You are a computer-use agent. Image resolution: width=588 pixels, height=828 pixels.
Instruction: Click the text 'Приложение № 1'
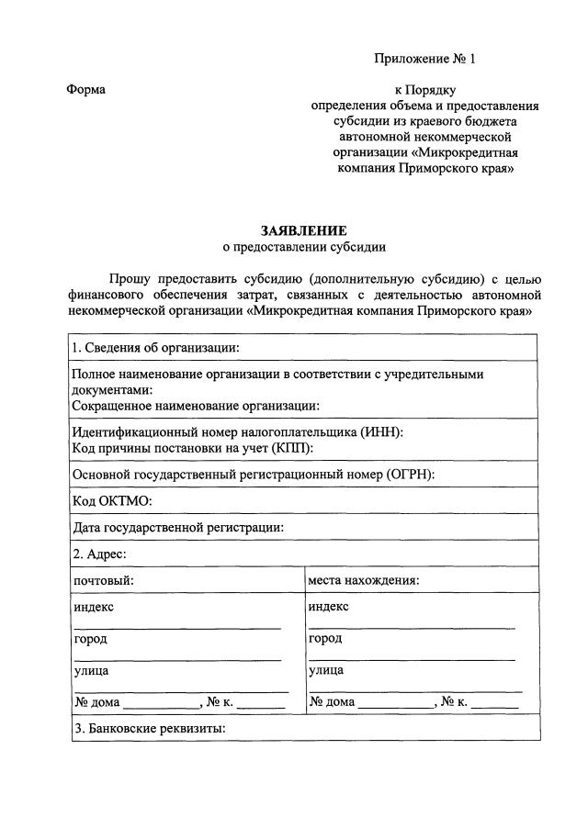click(x=425, y=60)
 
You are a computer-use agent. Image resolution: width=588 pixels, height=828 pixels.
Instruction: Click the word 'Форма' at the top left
click(x=86, y=89)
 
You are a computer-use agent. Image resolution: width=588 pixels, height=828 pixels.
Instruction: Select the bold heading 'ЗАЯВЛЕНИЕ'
click(x=304, y=231)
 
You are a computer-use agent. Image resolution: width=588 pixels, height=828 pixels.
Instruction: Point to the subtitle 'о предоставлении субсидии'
click(x=304, y=247)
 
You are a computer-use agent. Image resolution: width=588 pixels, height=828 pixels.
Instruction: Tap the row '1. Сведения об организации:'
click(x=155, y=347)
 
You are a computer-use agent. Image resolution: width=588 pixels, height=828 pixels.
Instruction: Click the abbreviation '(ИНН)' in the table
click(x=381, y=432)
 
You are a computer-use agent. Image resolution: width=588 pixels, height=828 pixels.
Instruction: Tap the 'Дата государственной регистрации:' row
click(x=177, y=527)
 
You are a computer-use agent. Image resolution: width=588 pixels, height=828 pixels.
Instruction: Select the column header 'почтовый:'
click(x=104, y=580)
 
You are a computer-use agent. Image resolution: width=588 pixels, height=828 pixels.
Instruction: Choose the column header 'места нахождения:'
click(x=364, y=580)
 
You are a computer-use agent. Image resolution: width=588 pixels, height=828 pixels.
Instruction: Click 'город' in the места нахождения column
click(x=325, y=638)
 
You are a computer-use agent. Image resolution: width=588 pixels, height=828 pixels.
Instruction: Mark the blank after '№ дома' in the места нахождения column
click(x=396, y=703)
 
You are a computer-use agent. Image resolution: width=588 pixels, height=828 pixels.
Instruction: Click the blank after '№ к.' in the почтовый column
click(x=263, y=703)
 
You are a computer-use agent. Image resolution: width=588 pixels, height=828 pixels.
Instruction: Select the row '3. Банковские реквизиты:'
click(x=149, y=730)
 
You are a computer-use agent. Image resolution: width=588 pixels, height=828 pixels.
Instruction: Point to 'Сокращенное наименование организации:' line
click(x=195, y=405)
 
